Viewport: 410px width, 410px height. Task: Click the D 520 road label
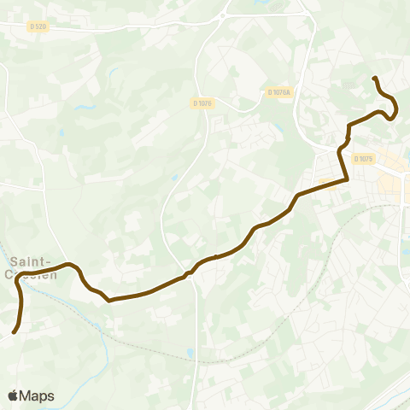37,26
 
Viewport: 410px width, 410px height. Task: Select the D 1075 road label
365,159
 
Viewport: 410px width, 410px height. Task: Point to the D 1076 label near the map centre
202,102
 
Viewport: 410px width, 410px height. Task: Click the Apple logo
13,395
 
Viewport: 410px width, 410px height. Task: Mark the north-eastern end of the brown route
374,79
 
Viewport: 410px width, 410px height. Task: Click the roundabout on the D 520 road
224,15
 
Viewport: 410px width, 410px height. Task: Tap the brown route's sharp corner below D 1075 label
347,179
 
